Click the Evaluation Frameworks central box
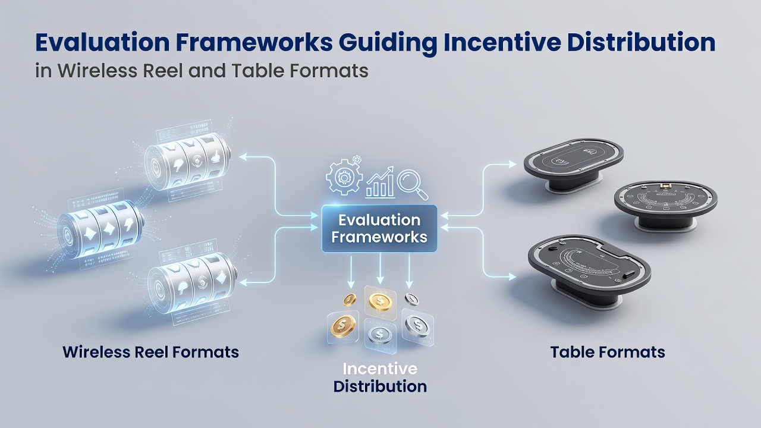point(379,228)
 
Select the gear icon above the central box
point(344,177)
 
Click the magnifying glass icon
point(413,184)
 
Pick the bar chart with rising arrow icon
point(380,182)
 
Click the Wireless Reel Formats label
point(150,352)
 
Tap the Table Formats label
point(608,352)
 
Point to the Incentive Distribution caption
point(380,377)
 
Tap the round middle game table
point(665,206)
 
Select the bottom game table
point(589,268)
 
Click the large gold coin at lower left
point(343,326)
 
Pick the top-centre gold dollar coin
point(380,301)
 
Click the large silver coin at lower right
point(417,326)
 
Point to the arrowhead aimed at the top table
point(512,165)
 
